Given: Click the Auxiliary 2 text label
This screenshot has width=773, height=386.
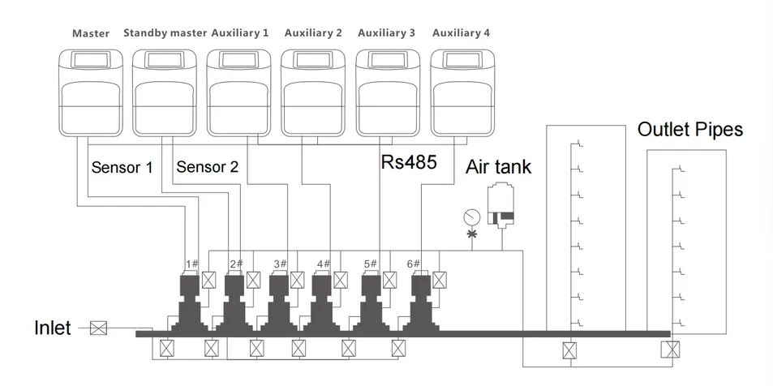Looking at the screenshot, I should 313,33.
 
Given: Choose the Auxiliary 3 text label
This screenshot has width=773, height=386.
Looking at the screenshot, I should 386,33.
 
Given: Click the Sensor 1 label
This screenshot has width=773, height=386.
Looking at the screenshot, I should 122,168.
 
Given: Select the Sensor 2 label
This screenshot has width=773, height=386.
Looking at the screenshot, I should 207,168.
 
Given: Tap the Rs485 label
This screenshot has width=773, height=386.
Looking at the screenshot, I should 409,162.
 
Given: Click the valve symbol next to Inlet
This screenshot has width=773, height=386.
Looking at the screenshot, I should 99,328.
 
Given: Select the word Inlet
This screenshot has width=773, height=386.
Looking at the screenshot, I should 52,328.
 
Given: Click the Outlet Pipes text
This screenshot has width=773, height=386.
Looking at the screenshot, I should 689,130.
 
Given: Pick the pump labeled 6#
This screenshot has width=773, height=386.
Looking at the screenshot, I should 421,300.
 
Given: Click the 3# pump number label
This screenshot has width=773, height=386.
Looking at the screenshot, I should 280,264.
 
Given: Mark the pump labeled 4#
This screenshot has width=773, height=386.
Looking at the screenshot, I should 323,300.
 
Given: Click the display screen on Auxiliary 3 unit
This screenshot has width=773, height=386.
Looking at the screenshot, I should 387,61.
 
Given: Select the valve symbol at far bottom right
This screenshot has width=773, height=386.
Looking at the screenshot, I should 670,350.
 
